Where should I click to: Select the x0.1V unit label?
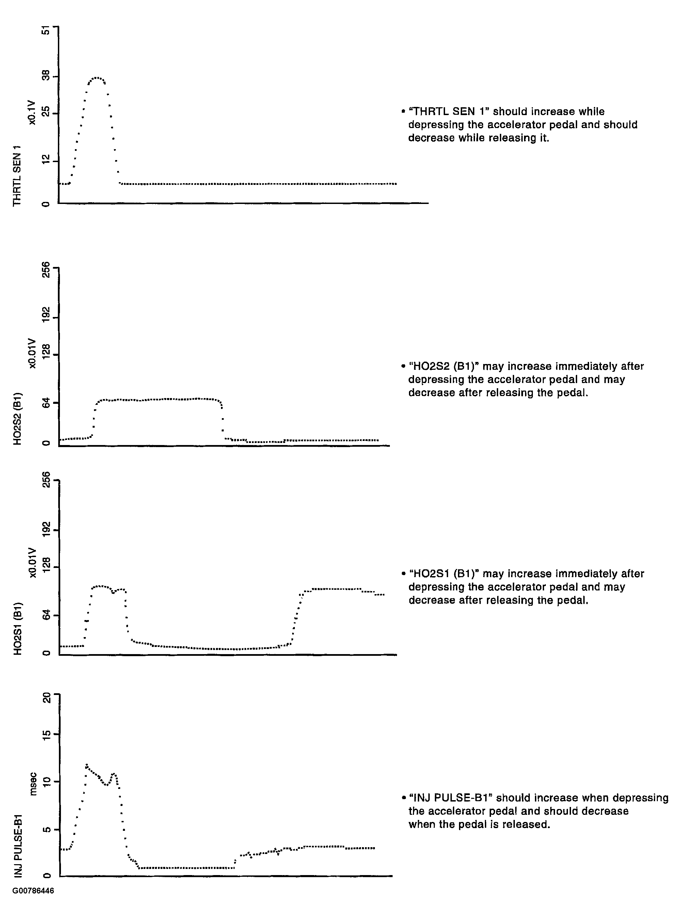(32, 112)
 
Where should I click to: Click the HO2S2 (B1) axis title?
(17, 419)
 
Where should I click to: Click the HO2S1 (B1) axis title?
(17, 629)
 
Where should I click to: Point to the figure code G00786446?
(33, 890)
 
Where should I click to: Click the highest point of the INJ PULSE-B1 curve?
(86, 765)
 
